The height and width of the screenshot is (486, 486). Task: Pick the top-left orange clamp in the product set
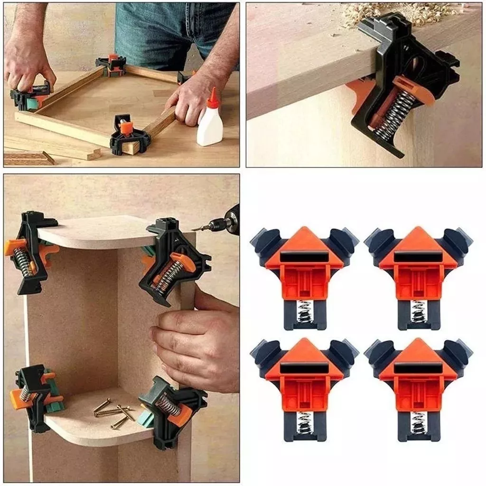(x=304, y=275)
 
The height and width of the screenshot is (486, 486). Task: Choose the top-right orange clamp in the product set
(x=418, y=275)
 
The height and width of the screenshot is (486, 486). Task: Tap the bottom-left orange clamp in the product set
(x=304, y=387)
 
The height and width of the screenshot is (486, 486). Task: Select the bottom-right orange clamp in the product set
(x=418, y=387)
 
